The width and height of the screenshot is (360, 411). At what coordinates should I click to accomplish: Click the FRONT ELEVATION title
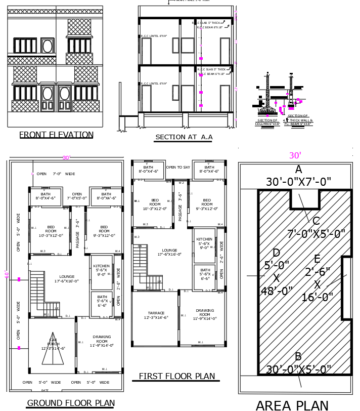(x=56, y=135)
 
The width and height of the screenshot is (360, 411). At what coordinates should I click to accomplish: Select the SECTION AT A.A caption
(x=184, y=137)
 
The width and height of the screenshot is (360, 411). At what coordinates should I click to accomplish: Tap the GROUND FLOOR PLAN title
(x=70, y=403)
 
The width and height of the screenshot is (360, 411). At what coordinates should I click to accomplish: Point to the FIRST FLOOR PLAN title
(x=177, y=376)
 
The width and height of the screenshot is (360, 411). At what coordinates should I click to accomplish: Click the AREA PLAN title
(x=292, y=404)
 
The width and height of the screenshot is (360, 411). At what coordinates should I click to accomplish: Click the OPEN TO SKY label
(x=178, y=168)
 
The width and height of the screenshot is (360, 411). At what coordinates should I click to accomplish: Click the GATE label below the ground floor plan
(x=45, y=390)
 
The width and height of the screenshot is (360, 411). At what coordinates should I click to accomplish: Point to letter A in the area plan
(x=298, y=170)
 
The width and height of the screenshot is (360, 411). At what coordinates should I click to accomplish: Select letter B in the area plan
(x=298, y=357)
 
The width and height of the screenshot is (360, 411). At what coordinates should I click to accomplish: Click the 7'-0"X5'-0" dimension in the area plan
(x=316, y=234)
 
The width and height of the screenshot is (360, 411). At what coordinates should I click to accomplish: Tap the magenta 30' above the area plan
(x=295, y=156)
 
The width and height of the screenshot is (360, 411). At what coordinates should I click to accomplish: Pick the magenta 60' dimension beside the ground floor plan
(x=7, y=275)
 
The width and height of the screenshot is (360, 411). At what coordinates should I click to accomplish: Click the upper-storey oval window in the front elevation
(x=48, y=46)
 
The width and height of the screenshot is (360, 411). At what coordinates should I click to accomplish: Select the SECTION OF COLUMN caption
(x=267, y=122)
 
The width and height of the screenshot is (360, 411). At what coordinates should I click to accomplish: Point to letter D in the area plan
(x=277, y=253)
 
